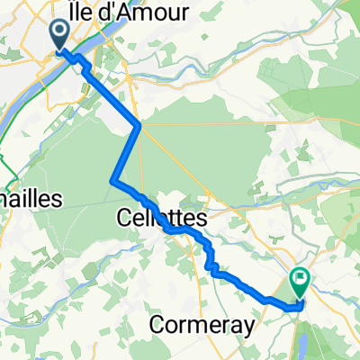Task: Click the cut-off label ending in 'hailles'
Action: point(29,198)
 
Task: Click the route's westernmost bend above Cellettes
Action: point(112,182)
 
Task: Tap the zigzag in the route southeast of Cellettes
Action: point(211,261)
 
